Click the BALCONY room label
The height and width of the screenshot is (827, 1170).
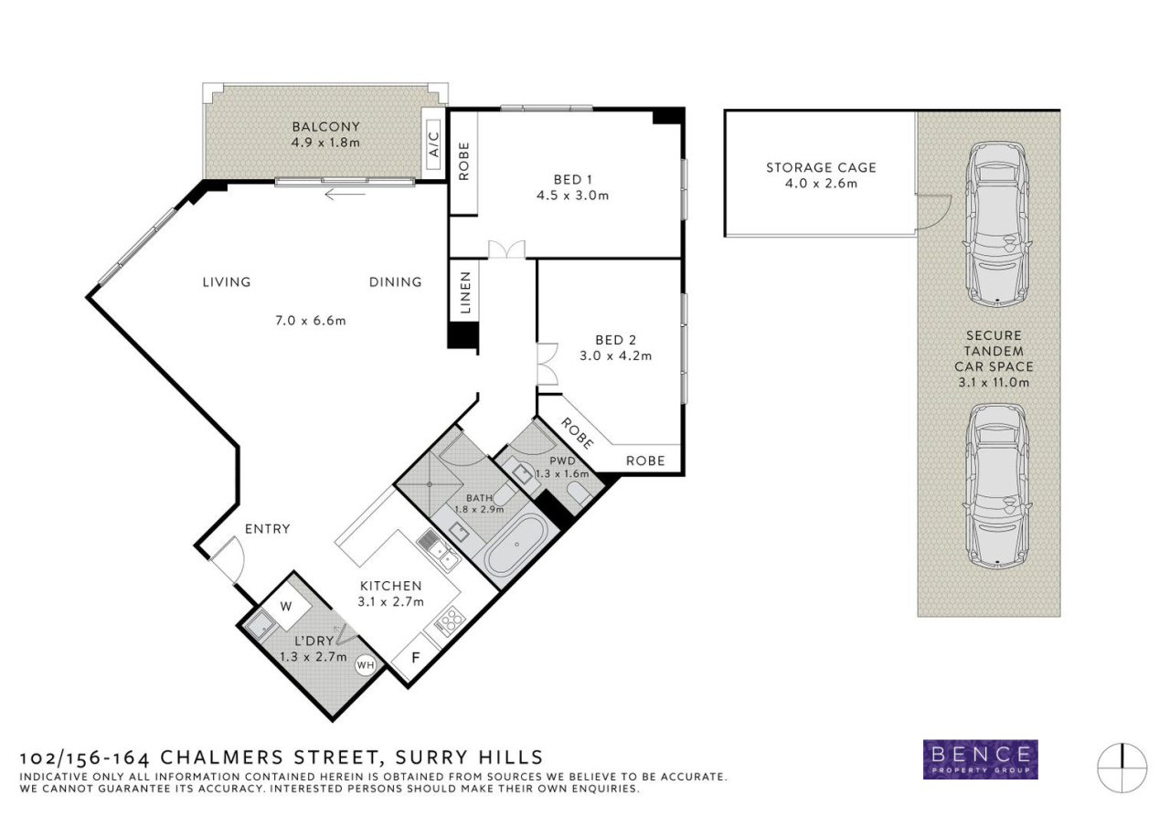click(326, 127)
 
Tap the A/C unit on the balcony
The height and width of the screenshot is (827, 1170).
click(433, 144)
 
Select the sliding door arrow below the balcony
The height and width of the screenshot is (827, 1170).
click(345, 195)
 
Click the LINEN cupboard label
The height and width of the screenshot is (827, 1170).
click(465, 292)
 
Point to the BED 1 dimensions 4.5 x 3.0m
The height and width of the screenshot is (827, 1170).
click(572, 196)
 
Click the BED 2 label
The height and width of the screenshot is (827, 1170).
click(616, 340)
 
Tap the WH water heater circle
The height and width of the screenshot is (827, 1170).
click(365, 664)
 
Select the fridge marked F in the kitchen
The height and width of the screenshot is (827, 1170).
click(416, 657)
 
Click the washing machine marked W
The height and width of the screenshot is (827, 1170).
click(286, 607)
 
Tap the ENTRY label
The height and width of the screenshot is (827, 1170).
click(268, 529)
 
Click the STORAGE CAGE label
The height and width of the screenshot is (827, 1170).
click(821, 167)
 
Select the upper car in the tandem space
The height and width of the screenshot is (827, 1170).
click(997, 225)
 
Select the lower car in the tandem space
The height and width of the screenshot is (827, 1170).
click(997, 486)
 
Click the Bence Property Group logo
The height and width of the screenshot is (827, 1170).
click(981, 759)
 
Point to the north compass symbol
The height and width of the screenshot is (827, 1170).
click(1122, 768)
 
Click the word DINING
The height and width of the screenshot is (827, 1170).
click(396, 282)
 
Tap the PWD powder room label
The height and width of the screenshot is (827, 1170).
click(562, 461)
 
